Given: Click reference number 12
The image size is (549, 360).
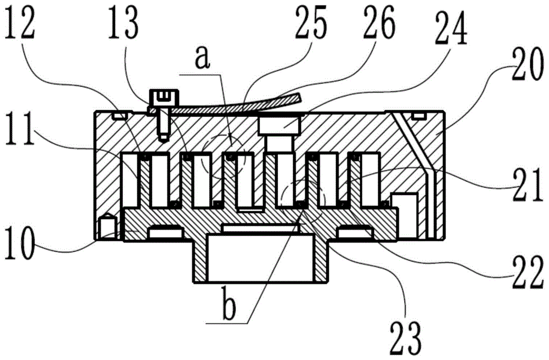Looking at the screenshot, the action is click(x=20, y=24).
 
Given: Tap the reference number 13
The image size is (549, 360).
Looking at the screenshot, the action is click(x=123, y=24).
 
